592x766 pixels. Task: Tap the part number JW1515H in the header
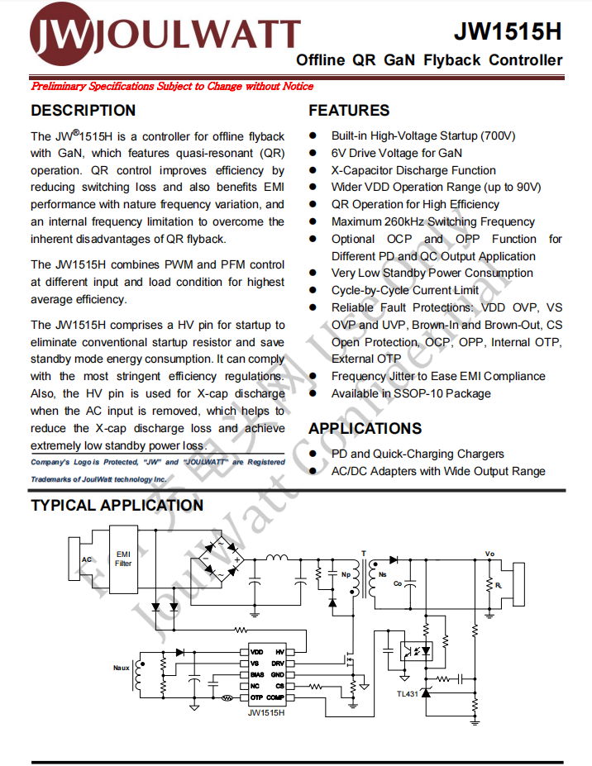pos(508,32)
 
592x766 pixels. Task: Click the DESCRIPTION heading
pos(83,110)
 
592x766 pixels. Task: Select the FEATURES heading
pos(348,110)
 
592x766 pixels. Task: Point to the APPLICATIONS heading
pos(365,428)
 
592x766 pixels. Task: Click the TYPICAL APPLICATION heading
pos(117,505)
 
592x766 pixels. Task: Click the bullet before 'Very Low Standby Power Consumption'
pos(314,273)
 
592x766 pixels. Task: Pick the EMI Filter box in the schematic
pos(123,559)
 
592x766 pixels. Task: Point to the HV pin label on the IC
pos(279,652)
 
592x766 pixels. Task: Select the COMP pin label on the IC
pos(275,697)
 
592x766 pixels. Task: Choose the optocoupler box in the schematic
pos(418,650)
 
